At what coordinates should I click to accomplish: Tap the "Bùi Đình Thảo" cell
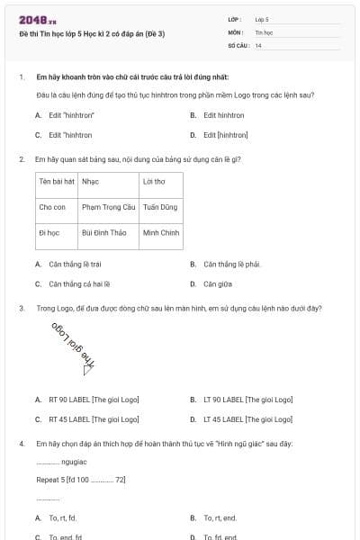103,232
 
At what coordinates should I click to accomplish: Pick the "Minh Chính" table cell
161,232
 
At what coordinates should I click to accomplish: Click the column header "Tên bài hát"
56,181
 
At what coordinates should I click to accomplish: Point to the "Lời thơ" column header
154,181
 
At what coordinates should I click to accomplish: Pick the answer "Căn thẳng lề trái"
75,265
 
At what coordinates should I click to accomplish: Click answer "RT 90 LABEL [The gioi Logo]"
94,399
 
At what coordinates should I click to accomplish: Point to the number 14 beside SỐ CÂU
258,44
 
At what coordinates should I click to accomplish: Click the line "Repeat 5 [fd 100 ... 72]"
81,480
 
